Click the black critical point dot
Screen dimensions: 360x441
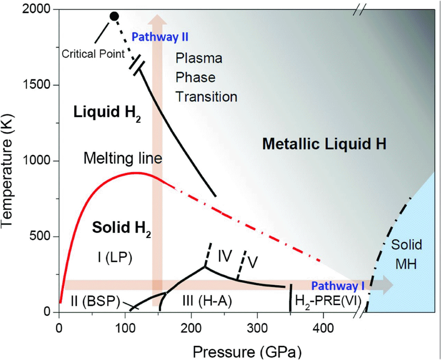[x=114, y=16]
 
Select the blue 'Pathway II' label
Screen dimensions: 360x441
[x=160, y=37]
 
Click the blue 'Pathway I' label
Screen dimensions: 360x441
[x=338, y=286]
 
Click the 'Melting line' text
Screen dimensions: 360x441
[x=122, y=159]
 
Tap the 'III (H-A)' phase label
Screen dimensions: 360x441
[x=199, y=301]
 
